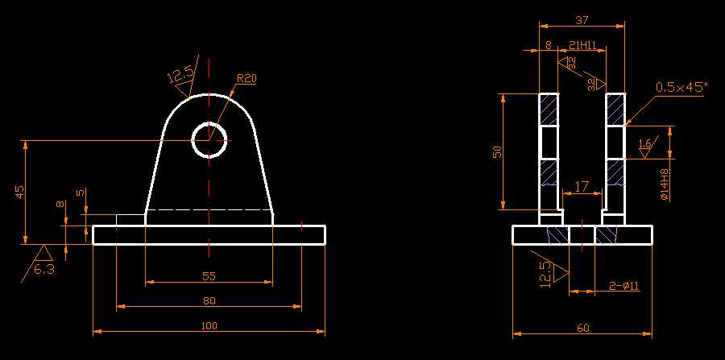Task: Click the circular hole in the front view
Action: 209,140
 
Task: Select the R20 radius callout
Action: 246,78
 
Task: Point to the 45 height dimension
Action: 20,192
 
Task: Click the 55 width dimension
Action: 209,276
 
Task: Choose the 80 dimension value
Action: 209,300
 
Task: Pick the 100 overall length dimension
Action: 209,325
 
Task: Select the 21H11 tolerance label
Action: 582,46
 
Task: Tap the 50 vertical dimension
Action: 497,151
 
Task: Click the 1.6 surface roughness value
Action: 644,144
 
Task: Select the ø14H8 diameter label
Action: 663,184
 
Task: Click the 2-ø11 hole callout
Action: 623,285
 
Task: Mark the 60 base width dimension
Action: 582,328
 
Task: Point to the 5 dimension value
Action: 80,192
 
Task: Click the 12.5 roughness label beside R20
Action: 180,77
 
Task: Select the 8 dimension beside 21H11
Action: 549,46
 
